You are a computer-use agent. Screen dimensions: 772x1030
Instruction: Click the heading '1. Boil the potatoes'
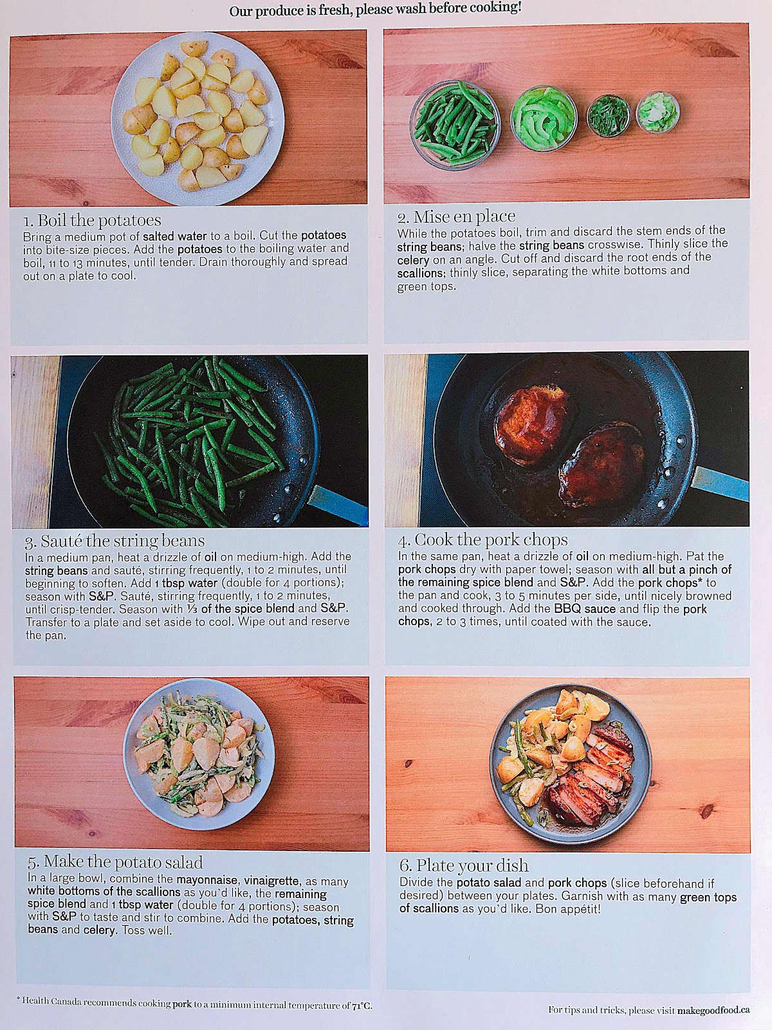92,220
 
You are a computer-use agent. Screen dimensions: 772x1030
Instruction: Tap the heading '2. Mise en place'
456,216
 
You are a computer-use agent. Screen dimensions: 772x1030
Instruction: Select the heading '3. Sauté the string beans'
115,541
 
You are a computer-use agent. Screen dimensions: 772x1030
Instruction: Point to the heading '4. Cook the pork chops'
482,540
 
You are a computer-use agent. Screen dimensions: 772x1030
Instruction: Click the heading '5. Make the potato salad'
115,862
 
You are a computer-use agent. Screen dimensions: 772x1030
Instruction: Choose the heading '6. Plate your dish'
464,865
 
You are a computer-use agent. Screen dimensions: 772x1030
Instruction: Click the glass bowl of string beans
455,125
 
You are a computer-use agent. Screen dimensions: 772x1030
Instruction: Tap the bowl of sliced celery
544,118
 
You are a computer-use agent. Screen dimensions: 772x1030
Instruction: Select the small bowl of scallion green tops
609,116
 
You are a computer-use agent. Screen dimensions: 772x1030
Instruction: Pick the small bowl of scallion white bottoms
658,113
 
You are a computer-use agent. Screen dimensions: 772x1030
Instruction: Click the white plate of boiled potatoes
198,118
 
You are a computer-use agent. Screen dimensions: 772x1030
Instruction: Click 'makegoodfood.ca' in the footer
713,1010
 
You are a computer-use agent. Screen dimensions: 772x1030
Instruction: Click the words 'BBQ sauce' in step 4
585,609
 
